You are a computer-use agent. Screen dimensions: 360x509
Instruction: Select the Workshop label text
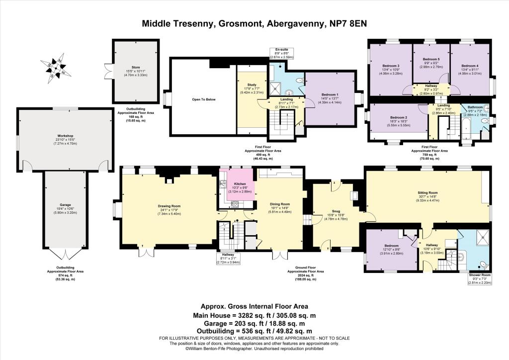pyautogui.click(x=65, y=138)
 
